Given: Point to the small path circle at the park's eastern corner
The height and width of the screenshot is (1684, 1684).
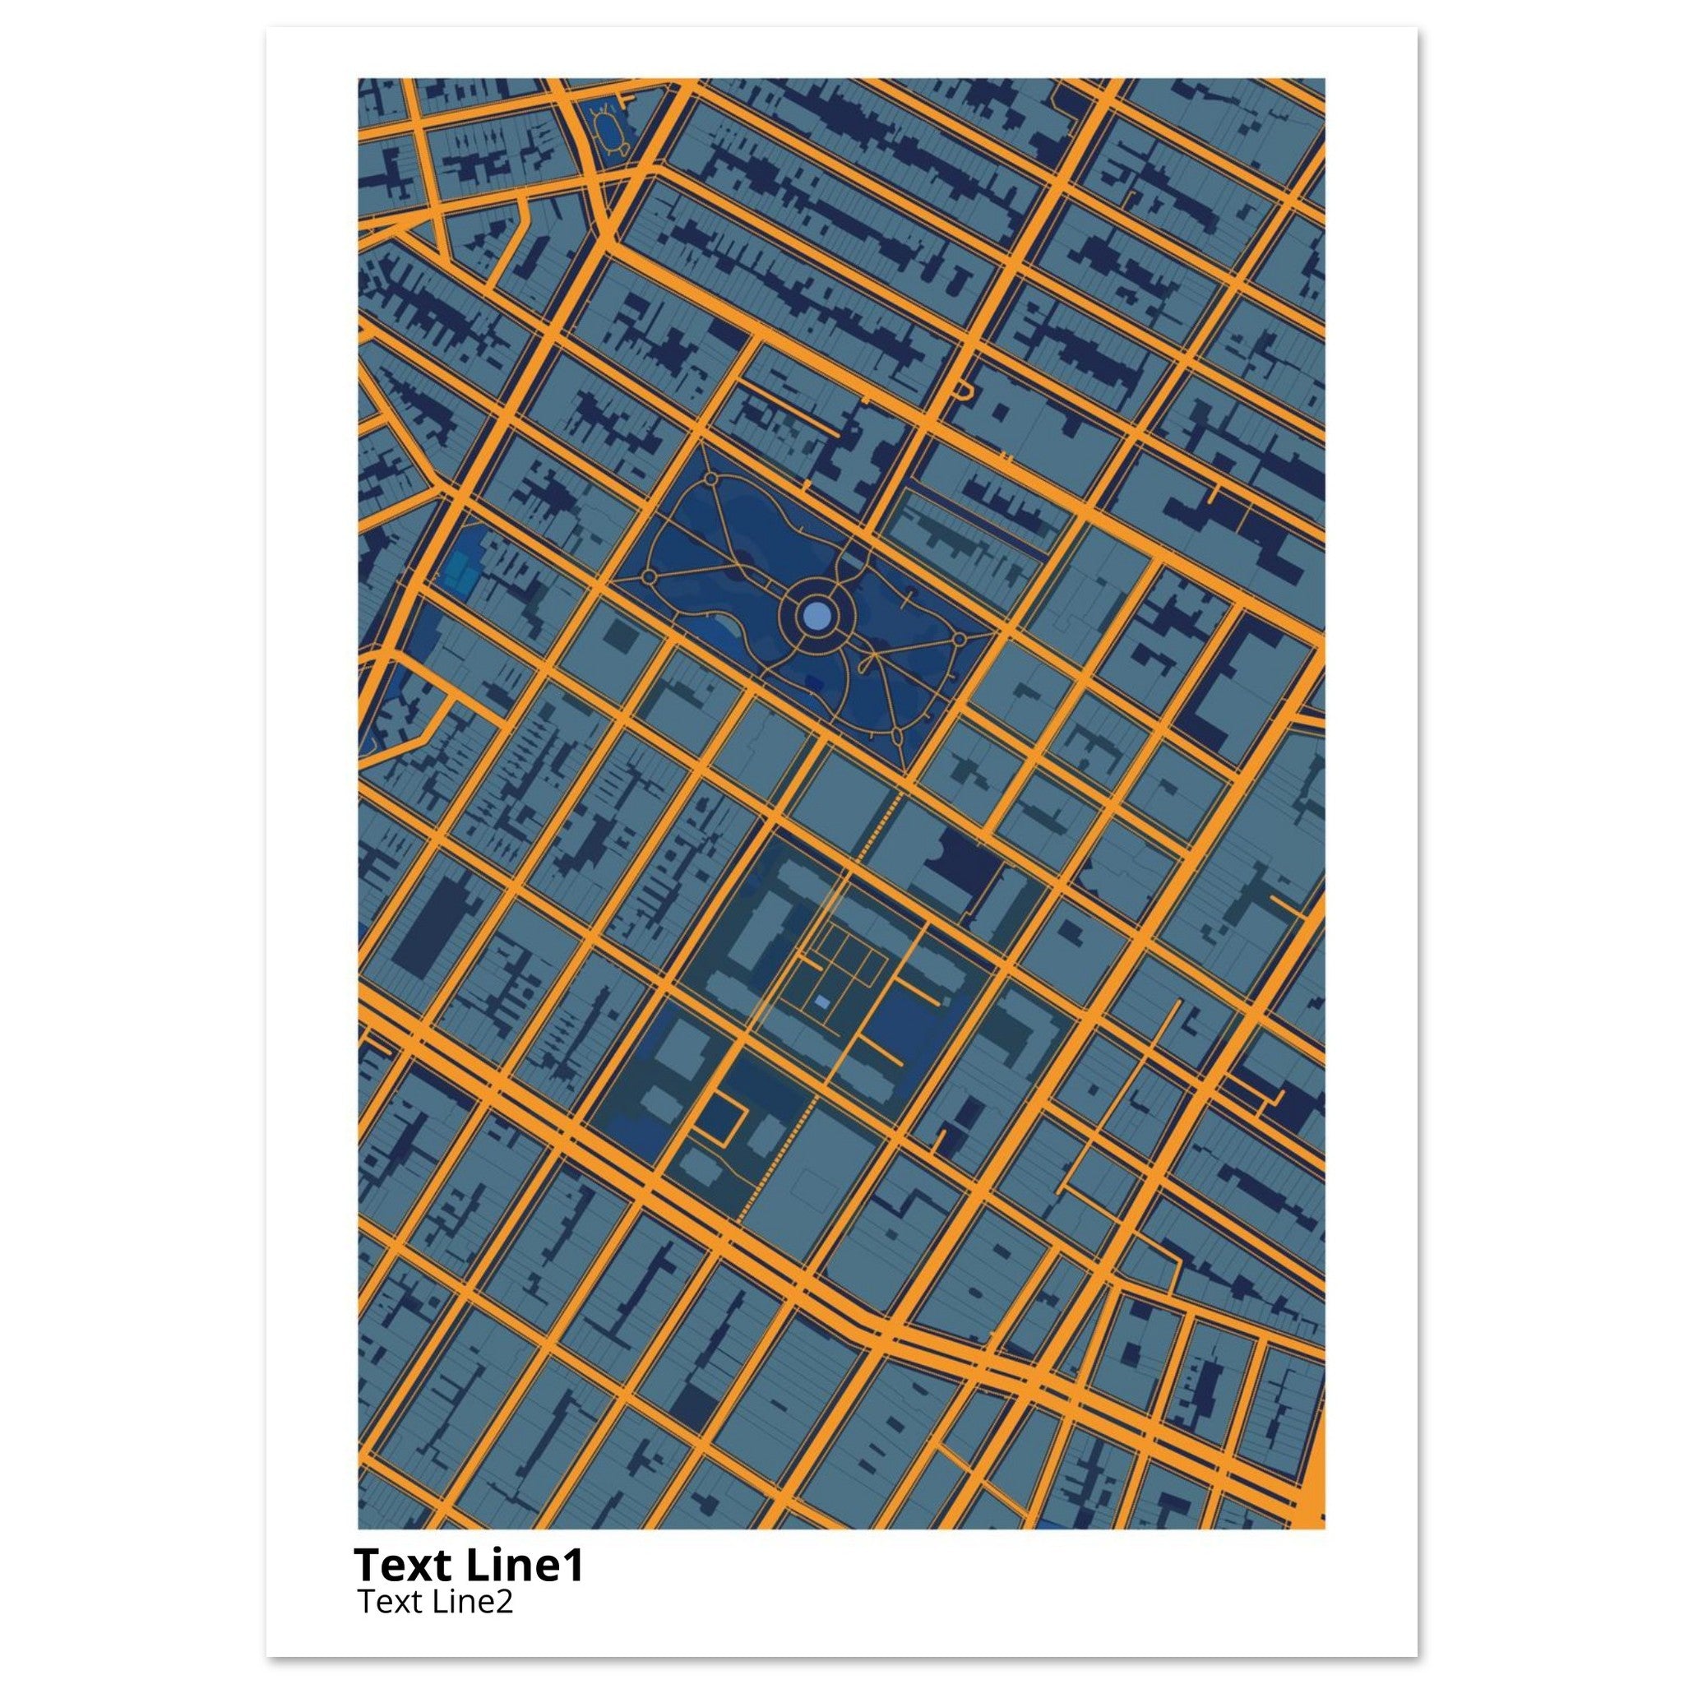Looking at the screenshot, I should (x=959, y=640).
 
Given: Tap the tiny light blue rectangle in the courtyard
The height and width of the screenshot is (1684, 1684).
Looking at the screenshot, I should (x=821, y=1003).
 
